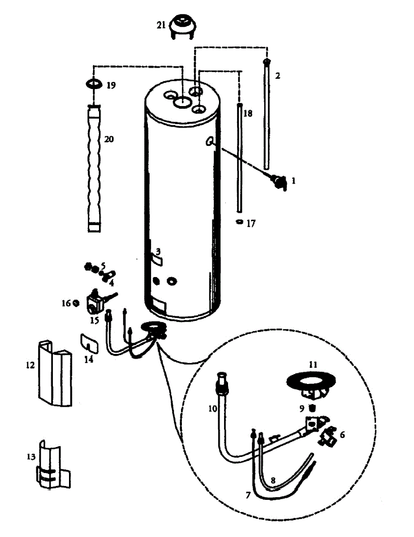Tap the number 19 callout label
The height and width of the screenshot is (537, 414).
[111, 85]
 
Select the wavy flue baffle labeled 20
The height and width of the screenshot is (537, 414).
[95, 168]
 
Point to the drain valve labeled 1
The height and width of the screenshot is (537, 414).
[279, 182]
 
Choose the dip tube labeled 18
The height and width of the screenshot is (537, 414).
[240, 157]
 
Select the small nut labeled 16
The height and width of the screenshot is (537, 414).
[76, 303]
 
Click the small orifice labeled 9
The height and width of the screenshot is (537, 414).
[313, 408]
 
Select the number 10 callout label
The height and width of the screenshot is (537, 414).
[212, 408]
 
